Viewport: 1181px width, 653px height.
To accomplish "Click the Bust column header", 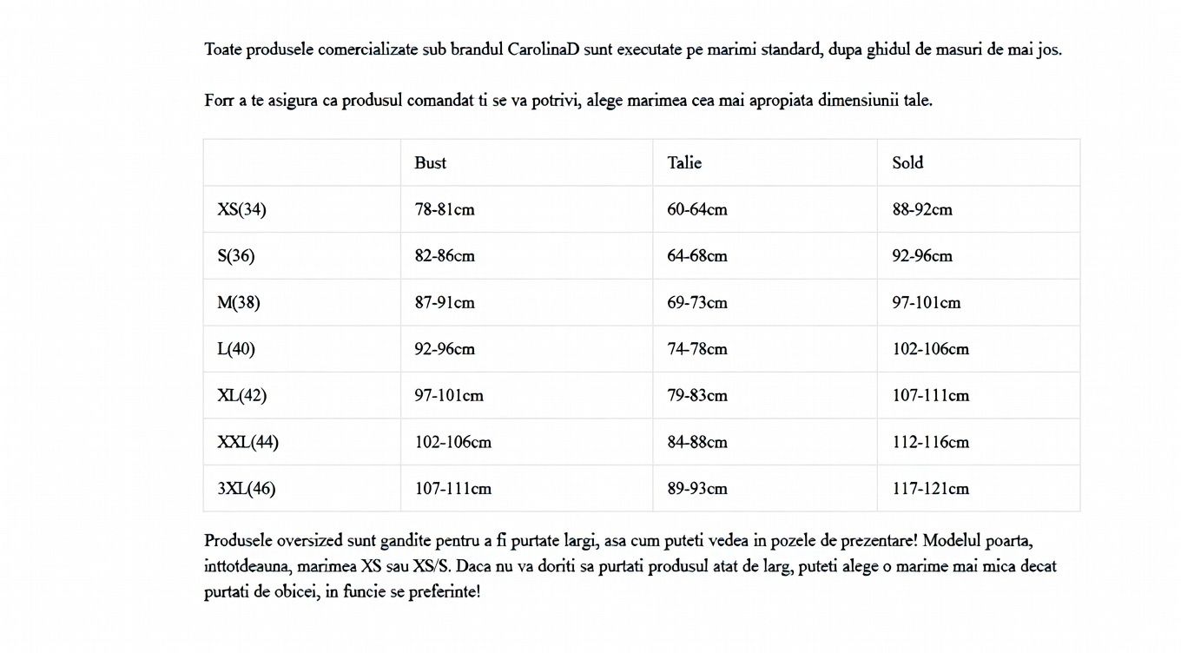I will point(430,162).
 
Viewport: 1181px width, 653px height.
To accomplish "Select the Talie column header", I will point(684,162).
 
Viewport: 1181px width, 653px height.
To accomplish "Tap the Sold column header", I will point(907,162).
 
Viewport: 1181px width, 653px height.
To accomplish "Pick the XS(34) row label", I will point(241,209).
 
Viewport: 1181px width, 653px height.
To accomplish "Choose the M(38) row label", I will point(239,303).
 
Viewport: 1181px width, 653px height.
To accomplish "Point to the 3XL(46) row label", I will point(246,489).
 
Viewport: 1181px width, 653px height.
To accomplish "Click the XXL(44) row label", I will point(247,442).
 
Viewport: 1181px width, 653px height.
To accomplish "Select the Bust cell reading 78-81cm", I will point(445,209).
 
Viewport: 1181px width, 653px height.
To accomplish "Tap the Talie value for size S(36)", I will point(697,256).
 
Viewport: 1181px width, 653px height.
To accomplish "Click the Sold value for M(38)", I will point(927,303).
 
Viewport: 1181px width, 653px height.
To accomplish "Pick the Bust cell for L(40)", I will point(445,349).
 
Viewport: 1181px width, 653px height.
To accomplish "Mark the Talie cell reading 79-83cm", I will point(697,396).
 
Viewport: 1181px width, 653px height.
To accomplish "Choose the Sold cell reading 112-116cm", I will point(930,442).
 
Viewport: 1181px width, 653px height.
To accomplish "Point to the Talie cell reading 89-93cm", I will point(697,489).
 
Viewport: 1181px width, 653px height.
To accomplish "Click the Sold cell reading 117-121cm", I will point(930,489).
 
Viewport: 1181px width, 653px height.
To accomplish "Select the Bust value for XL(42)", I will point(449,396).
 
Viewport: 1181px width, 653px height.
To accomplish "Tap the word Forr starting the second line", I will point(220,101).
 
